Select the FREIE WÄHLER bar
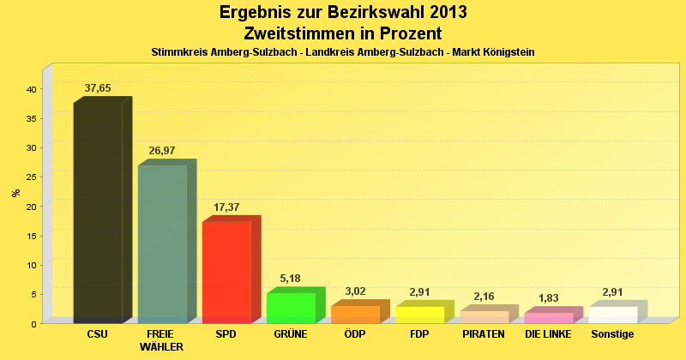162,244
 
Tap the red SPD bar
226,272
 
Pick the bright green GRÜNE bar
291,308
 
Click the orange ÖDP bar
355,315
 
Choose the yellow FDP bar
419,315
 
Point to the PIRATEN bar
484,317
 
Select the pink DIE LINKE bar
548,318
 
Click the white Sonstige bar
612,315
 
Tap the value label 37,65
98,88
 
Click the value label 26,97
162,151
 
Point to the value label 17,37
226,207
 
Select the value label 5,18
291,279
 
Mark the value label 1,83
548,298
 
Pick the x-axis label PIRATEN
484,333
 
